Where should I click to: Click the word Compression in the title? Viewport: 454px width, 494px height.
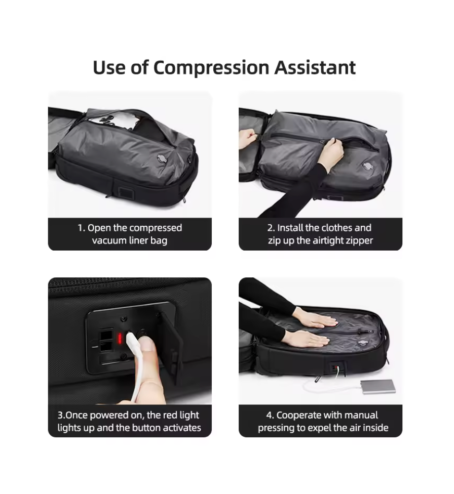211,68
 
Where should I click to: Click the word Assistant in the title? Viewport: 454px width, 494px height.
315,67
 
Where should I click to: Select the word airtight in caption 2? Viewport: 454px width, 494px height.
328,240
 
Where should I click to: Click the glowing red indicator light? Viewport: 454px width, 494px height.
120,339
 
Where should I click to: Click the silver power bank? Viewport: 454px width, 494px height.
377,387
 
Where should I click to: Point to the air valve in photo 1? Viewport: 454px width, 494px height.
163,158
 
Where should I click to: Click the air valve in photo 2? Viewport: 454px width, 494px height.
368,166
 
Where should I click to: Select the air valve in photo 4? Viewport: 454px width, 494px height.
363,343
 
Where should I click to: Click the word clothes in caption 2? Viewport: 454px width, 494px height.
337,228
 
